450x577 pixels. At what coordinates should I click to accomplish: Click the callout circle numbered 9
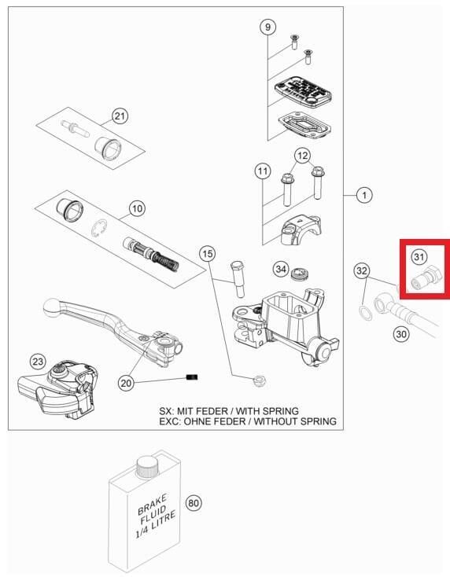pos(267,27)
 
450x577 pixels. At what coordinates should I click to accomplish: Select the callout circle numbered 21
pos(120,116)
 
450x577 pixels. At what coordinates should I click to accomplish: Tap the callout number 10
pos(137,208)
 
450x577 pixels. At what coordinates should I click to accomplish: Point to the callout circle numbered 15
pos(208,254)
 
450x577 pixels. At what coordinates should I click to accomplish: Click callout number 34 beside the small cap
pos(281,269)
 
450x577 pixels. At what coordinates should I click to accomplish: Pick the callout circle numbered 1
pos(364,195)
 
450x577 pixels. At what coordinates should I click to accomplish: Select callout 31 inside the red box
pos(419,256)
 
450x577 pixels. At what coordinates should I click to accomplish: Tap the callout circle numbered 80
pos(194,502)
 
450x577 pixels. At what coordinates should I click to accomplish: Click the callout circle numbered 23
pos(38,362)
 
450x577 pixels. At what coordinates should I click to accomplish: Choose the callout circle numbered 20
pos(126,383)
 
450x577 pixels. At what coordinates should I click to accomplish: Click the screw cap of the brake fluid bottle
pos(147,467)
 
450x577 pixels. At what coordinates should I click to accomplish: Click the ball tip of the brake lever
pos(51,307)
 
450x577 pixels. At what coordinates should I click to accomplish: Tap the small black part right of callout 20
pos(192,377)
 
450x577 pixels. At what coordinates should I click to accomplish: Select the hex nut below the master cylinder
pos(260,380)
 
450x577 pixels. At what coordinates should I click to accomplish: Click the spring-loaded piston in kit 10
pos(151,253)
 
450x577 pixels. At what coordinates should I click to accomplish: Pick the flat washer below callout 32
pos(365,312)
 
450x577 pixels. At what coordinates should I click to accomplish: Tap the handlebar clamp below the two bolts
pos(301,230)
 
